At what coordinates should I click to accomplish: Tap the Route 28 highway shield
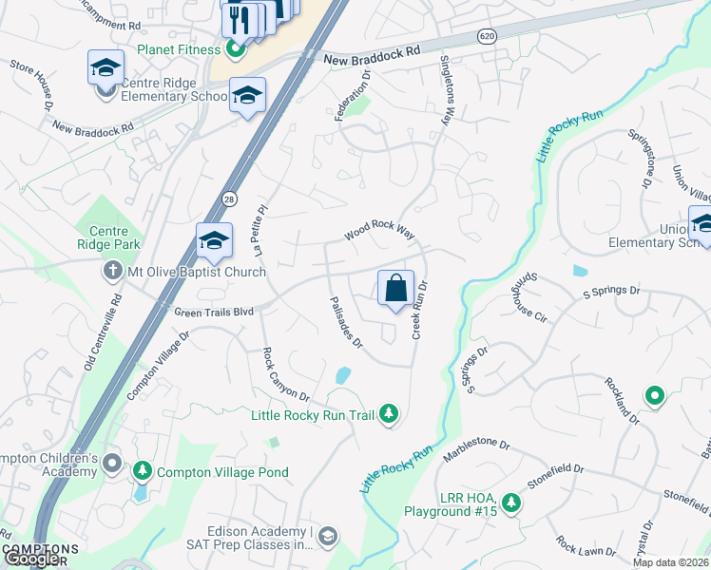click(229, 199)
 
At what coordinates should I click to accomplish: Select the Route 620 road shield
click(485, 36)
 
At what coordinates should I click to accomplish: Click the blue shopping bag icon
click(395, 287)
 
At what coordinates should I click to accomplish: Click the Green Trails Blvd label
click(215, 311)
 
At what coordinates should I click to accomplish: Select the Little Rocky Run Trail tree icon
click(388, 413)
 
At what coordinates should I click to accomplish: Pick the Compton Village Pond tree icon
click(143, 471)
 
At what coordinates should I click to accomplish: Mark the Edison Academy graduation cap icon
click(328, 538)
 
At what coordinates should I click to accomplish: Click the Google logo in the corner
click(31, 559)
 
